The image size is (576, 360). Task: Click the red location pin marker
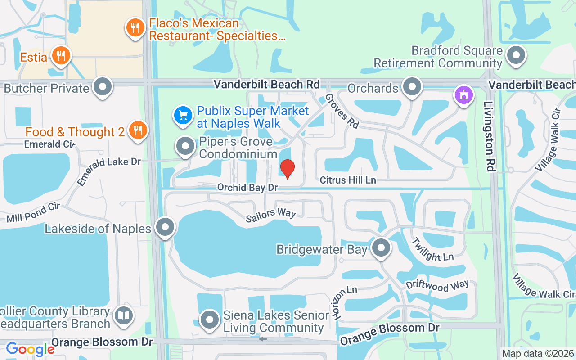pos(288,169)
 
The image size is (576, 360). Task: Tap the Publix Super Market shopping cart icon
pos(183,116)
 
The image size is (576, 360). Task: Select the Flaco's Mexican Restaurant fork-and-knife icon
pos(134,28)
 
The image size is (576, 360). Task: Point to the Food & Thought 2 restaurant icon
pos(138,130)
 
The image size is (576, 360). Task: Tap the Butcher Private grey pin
pos(103,87)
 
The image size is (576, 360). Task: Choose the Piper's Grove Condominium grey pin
pos(185,146)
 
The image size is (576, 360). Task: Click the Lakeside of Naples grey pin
pos(165,228)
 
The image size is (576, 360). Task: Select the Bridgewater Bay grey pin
pos(382,247)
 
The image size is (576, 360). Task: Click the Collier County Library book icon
pos(123,315)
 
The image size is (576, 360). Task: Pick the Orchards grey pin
pos(411,87)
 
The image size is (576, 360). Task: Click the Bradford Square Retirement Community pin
pos(516,56)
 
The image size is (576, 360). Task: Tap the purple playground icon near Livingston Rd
pos(463,95)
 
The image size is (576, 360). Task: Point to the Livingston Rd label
pos(490,136)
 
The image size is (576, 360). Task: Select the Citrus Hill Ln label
pos(348,180)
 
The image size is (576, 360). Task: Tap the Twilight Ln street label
pos(432,249)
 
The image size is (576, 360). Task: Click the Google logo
pos(30,349)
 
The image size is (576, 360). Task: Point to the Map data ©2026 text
pos(538,353)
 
